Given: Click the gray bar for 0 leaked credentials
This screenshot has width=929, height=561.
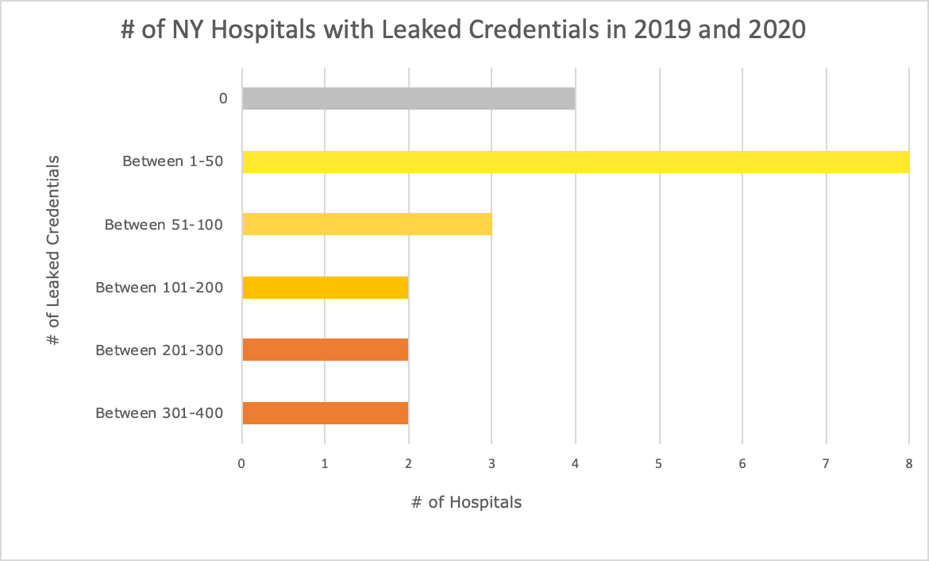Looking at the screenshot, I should tap(408, 99).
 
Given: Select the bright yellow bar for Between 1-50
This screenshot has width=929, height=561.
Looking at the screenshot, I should tap(575, 161).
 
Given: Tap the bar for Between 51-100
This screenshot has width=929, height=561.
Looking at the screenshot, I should tap(367, 224).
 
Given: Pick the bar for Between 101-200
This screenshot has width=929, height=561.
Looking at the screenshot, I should tap(325, 287).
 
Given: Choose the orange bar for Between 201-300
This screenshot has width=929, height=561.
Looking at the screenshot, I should tap(325, 350).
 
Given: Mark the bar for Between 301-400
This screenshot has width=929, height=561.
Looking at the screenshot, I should tap(325, 412).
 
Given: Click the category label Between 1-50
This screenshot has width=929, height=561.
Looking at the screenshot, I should tap(172, 161).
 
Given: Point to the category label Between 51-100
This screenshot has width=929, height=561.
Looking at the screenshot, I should tap(164, 224).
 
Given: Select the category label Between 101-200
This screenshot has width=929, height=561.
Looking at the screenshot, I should tap(159, 287).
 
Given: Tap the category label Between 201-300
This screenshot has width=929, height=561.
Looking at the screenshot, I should tap(159, 350).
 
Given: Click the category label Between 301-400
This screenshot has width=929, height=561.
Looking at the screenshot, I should tap(159, 412).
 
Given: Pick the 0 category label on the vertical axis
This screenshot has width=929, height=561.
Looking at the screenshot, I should tap(223, 99).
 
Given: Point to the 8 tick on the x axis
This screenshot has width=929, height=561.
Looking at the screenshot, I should tap(909, 463).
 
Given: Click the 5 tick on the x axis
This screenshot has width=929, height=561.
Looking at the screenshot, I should tap(658, 463).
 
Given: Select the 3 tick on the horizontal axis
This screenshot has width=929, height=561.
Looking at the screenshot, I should tap(491, 463).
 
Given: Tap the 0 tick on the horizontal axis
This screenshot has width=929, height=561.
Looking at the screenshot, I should tap(241, 463).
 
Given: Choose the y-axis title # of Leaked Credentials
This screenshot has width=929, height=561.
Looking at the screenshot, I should tap(53, 251).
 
